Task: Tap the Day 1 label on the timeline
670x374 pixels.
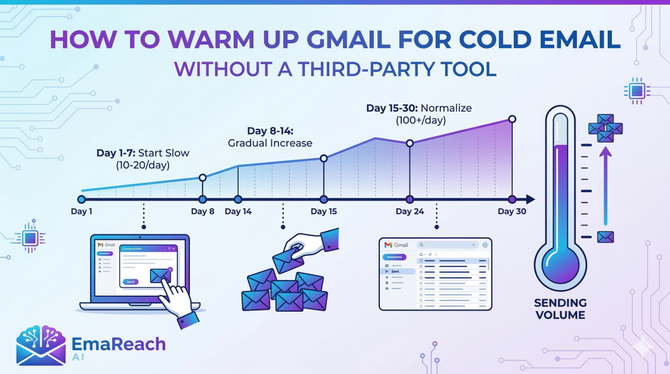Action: (x=81, y=211)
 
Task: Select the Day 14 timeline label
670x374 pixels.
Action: (x=238, y=211)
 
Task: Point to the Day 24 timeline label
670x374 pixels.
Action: (x=410, y=211)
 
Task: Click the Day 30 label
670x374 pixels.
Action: (x=512, y=211)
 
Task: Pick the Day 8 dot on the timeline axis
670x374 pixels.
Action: (x=202, y=199)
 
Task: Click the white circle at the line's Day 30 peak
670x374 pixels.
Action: (x=512, y=119)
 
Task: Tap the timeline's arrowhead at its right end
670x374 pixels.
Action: (x=531, y=199)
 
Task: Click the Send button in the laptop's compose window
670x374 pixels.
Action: (x=131, y=281)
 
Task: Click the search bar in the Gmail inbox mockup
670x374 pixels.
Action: (x=447, y=245)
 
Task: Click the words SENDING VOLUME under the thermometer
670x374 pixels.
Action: (x=560, y=309)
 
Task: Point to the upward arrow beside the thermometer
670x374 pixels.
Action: (x=605, y=186)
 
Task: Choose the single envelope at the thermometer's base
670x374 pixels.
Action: (x=605, y=237)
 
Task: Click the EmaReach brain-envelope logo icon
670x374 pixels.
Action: (x=41, y=346)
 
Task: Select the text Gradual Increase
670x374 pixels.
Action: (x=270, y=143)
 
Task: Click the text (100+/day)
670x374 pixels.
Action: (x=421, y=121)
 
